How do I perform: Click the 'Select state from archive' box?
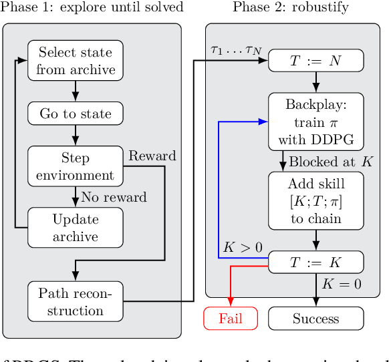[x=76, y=60]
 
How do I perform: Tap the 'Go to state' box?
[x=76, y=113]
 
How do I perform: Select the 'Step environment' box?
[x=76, y=166]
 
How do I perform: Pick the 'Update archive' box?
[x=76, y=227]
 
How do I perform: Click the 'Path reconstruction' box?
[x=76, y=301]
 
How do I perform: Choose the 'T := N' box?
[x=315, y=61]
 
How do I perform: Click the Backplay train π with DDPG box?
[x=315, y=122]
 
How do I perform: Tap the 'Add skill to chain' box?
[x=315, y=201]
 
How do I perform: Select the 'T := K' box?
[x=315, y=261]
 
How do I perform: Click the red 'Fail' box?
[x=230, y=319]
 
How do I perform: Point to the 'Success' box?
[x=315, y=319]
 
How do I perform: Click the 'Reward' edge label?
[x=152, y=156]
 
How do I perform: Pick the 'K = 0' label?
[x=341, y=284]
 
